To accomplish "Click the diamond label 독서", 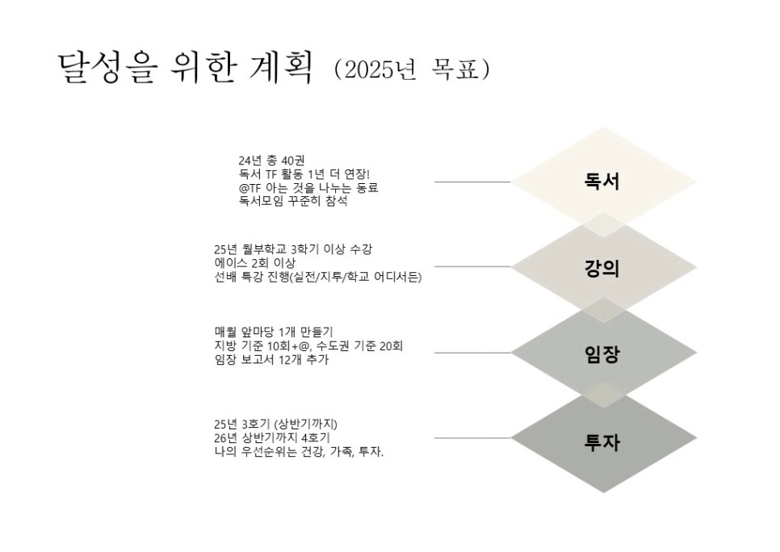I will [602, 182].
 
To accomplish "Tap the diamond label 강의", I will [602, 268].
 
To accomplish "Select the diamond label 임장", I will [602, 353].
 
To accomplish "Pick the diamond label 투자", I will [602, 441].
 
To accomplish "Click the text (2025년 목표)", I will [412, 70].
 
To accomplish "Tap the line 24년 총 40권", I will [270, 161].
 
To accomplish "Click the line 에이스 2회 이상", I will [254, 263].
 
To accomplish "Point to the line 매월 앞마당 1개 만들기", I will [275, 332].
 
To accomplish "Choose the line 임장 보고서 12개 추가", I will [271, 360].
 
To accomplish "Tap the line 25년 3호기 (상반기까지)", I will [275, 424].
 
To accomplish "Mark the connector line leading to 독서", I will [472, 182].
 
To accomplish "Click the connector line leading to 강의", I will [472, 266].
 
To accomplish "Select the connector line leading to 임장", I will [472, 353].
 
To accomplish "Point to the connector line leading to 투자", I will [472, 438].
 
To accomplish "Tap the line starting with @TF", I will [308, 188].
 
